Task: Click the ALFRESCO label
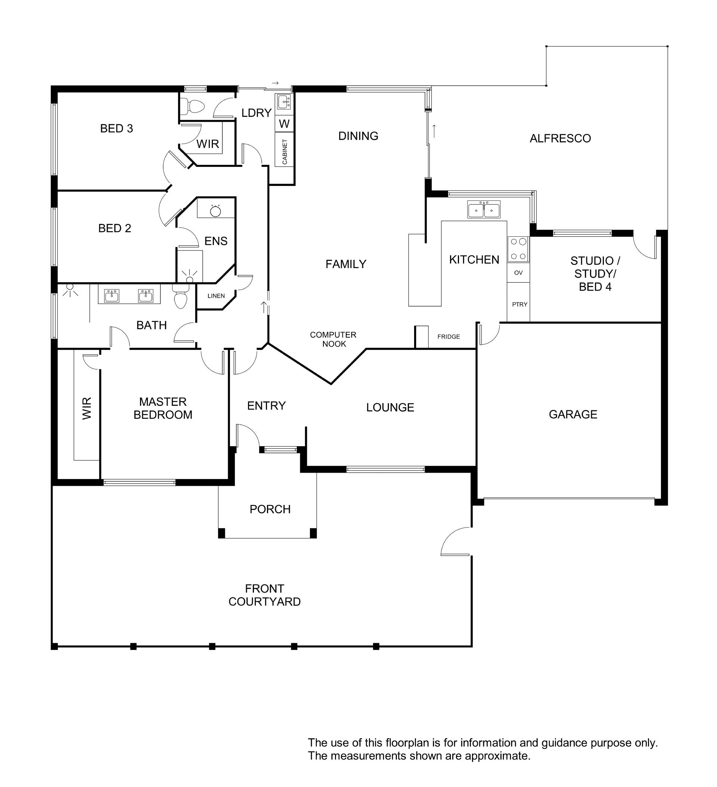tap(560, 138)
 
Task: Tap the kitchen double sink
tap(484, 210)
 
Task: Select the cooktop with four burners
tap(518, 249)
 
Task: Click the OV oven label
tap(518, 273)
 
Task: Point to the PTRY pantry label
tap(520, 304)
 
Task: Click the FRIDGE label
tap(449, 336)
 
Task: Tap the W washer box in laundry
tap(284, 124)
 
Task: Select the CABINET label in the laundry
tap(285, 152)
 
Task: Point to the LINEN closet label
tap(216, 296)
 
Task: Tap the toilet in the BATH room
tap(180, 297)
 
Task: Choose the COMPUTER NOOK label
tap(333, 339)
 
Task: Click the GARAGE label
tap(573, 414)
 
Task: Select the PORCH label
tap(270, 509)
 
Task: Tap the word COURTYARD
tap(264, 601)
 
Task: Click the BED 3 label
tap(117, 128)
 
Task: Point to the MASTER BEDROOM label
tap(163, 408)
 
